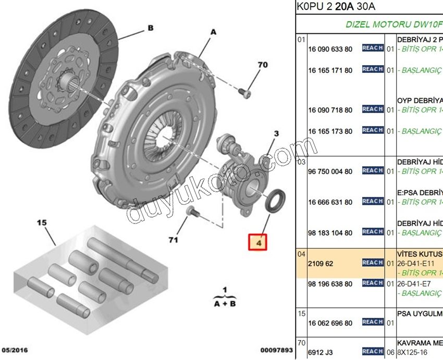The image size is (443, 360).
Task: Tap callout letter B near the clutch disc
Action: click(150, 29)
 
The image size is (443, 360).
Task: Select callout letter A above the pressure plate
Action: click(213, 32)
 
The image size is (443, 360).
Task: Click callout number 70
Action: click(262, 65)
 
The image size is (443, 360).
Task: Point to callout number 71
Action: click(173, 240)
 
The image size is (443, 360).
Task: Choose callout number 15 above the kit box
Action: click(42, 223)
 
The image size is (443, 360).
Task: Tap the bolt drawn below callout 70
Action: click(245, 93)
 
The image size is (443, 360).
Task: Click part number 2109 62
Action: click(321, 264)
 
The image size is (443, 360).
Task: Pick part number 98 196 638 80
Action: click(330, 284)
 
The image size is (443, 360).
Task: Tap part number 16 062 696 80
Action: click(330, 323)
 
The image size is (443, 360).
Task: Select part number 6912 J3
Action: click(321, 352)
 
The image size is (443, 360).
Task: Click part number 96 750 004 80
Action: click(330, 171)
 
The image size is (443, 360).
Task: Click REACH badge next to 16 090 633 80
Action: click(373, 48)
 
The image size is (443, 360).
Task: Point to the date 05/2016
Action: click(15, 350)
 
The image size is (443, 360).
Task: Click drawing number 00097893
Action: click(277, 350)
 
